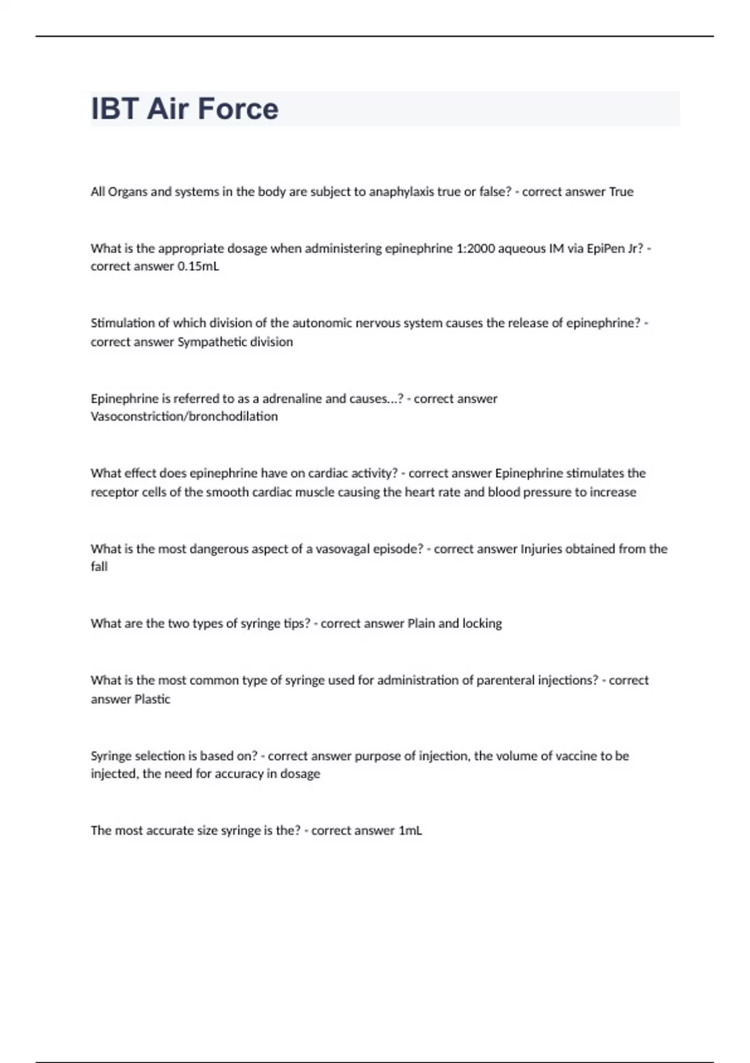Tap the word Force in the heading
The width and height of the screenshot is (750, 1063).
238,109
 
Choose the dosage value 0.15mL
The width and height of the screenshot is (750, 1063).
198,266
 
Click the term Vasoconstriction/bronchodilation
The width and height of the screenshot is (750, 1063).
184,416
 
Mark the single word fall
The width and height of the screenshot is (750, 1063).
99,567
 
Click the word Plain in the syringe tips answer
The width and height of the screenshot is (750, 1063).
421,623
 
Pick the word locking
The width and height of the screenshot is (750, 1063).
482,623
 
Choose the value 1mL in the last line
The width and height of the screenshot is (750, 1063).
410,831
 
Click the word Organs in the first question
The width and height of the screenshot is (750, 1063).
128,192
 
